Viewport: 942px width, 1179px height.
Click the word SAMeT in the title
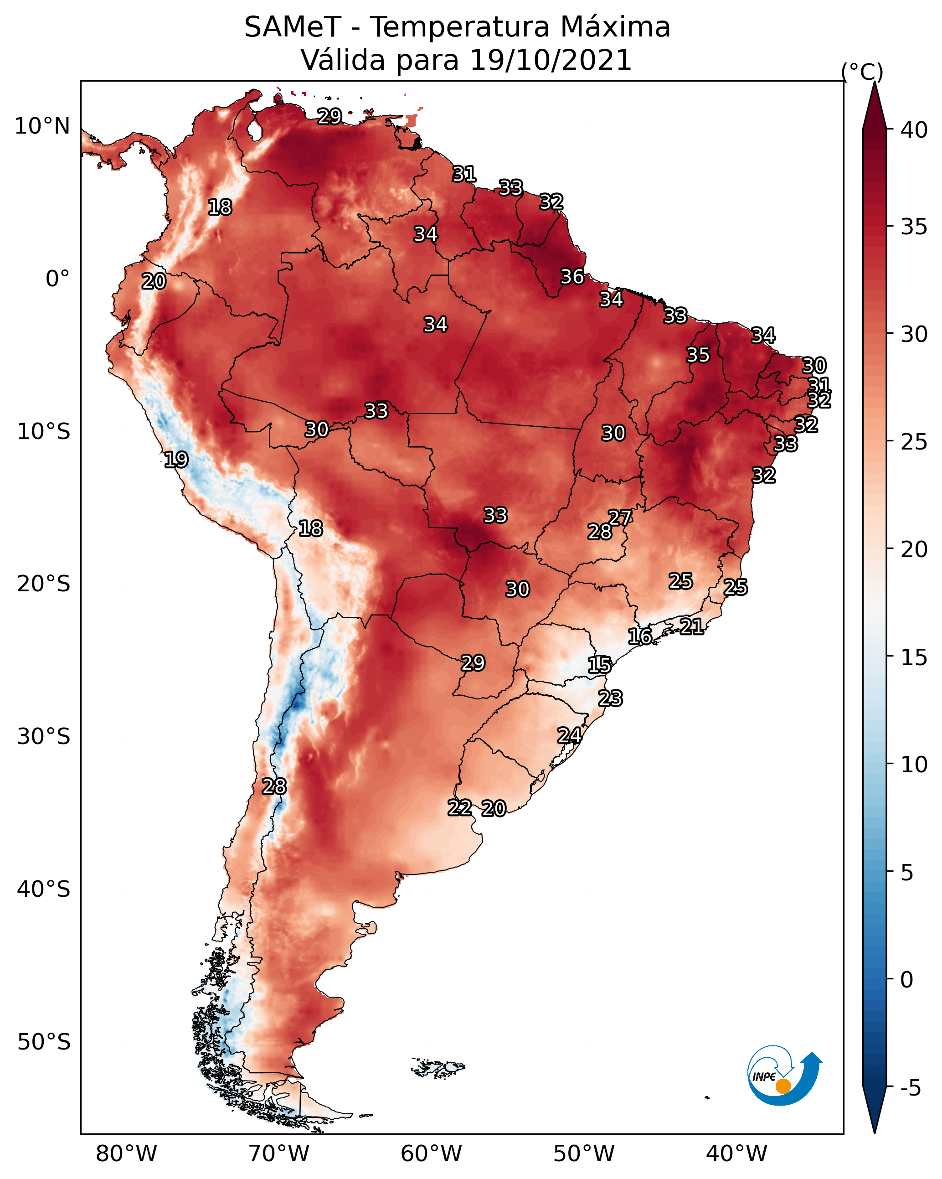[x=293, y=27]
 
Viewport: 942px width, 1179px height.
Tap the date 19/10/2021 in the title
[x=551, y=60]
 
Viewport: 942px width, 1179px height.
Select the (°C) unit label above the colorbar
[x=862, y=72]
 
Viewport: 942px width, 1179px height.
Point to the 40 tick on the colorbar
[x=914, y=130]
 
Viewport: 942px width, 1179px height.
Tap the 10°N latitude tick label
[x=42, y=126]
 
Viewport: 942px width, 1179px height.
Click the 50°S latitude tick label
[x=44, y=1042]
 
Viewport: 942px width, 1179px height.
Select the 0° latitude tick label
[x=57, y=279]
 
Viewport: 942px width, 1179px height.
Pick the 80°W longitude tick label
[x=126, y=1154]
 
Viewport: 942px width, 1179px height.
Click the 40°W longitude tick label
[x=736, y=1154]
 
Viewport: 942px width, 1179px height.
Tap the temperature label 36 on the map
[x=572, y=277]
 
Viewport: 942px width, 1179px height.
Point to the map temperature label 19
[x=176, y=460]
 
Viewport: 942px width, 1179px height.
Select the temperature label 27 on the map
[x=619, y=517]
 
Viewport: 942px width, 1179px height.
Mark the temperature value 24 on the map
[x=569, y=735]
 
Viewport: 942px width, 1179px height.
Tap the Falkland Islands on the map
[x=438, y=1067]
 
